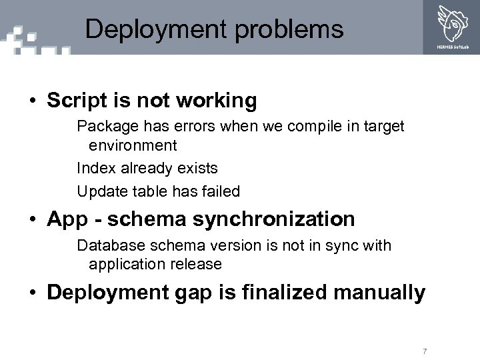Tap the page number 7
[424, 351]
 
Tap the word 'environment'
[133, 145]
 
